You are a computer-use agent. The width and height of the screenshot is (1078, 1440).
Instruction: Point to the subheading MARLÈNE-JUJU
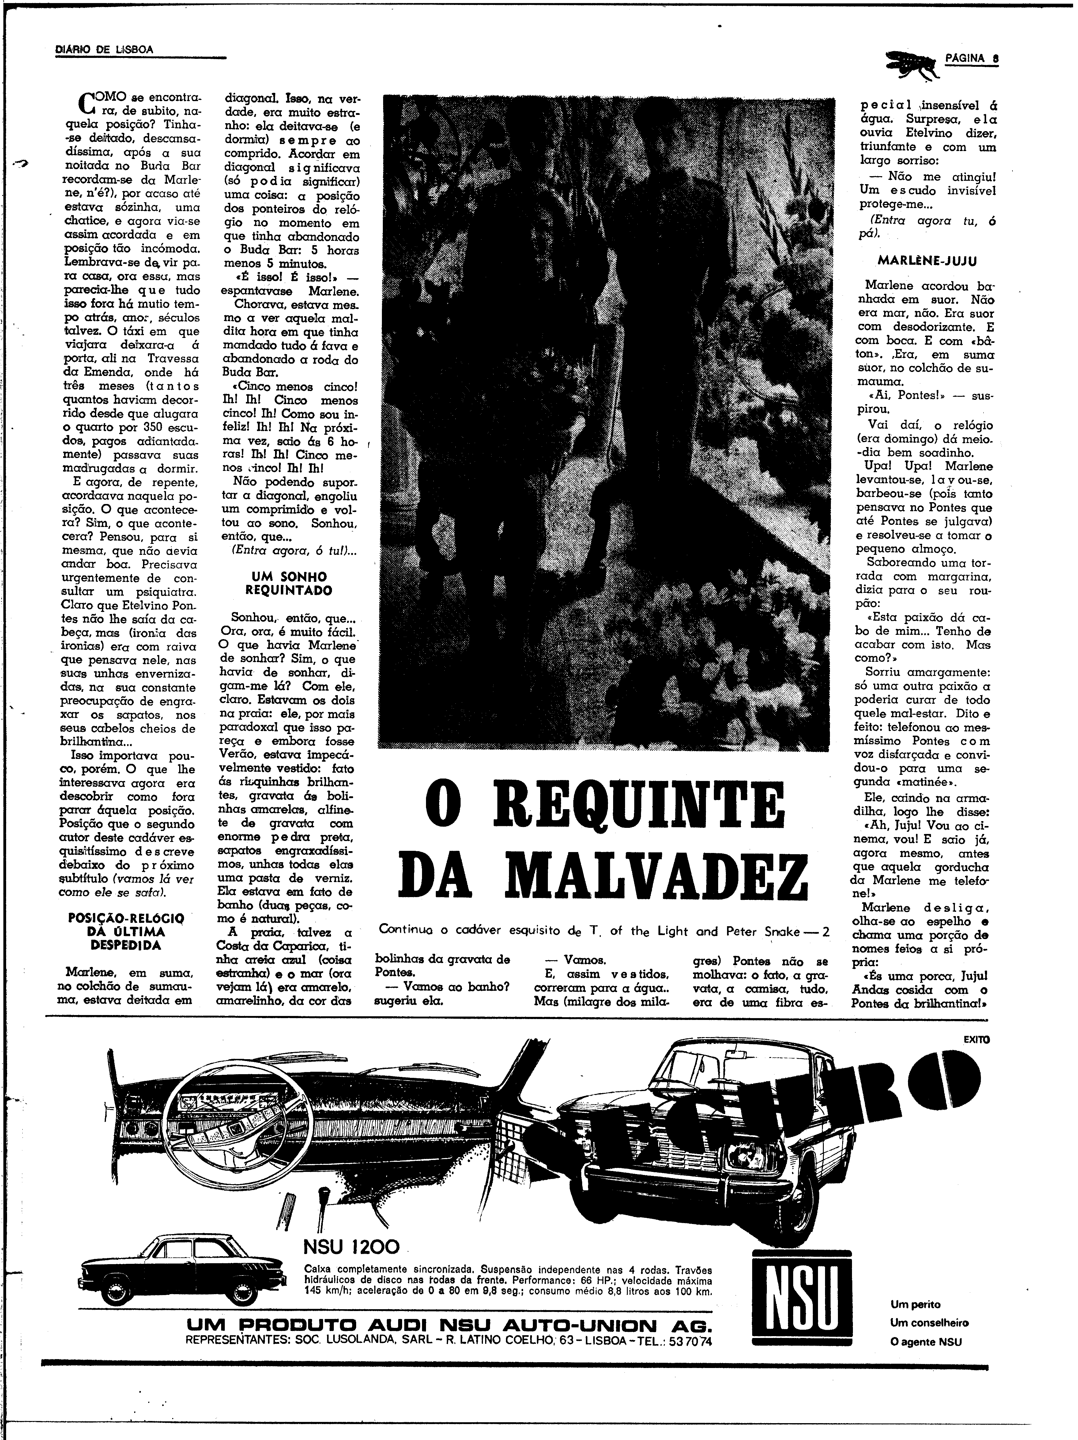926,260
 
